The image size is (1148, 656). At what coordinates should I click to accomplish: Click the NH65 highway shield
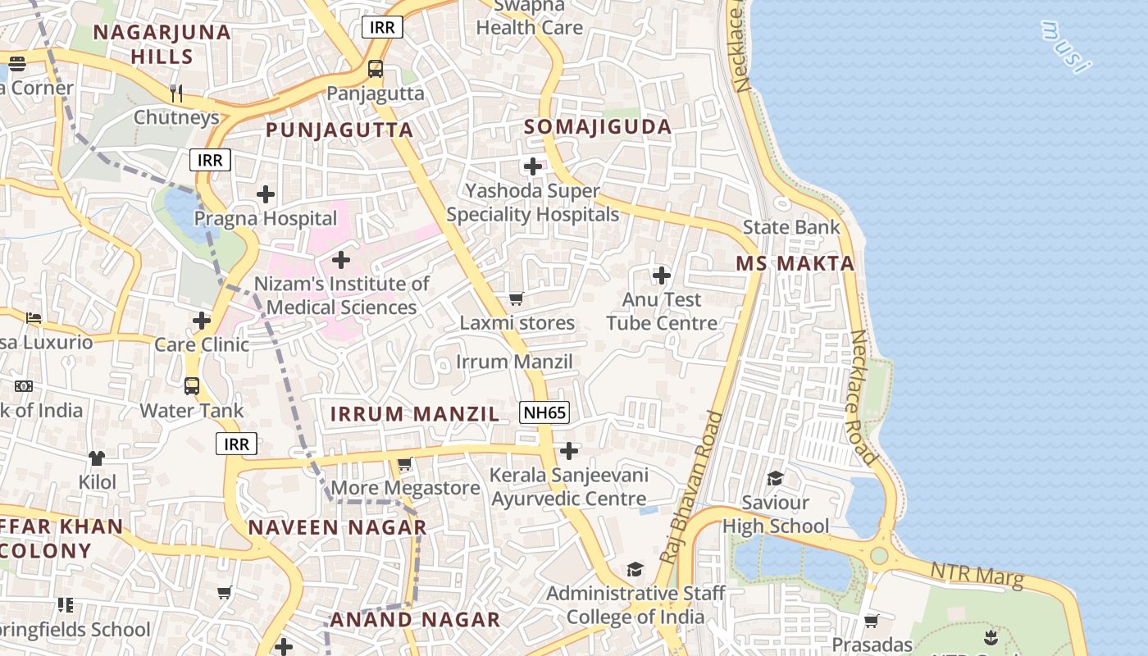544,412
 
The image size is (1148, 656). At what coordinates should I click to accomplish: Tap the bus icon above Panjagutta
376,69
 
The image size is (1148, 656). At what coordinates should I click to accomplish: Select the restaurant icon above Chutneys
176,93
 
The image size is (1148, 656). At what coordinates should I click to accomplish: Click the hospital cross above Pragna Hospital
266,194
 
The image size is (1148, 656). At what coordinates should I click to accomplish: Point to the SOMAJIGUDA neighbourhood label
598,127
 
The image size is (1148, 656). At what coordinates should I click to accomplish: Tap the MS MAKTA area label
795,263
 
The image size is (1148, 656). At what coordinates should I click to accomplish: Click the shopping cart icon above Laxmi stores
517,299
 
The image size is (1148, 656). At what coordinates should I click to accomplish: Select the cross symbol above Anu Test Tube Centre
662,276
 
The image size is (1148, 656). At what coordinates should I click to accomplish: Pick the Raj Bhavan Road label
694,487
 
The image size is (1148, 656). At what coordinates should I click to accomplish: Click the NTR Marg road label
977,574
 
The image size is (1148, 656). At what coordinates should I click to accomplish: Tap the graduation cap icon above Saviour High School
775,478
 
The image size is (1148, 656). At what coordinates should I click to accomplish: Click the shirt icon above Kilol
97,458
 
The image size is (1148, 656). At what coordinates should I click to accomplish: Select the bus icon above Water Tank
192,385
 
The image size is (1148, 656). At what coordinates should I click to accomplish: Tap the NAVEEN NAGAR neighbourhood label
337,527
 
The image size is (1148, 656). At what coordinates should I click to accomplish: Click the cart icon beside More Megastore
404,465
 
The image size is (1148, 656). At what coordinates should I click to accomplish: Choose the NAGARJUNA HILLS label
162,44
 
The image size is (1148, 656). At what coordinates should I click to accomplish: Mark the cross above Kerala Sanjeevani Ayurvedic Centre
568,451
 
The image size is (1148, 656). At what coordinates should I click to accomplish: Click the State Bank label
791,227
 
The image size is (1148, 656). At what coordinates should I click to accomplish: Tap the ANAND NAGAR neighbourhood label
415,619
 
